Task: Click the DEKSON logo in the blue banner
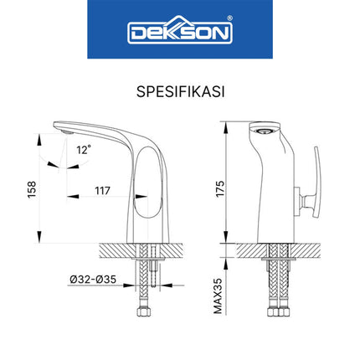pyautogui.click(x=179, y=33)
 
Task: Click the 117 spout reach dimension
pyautogui.click(x=103, y=191)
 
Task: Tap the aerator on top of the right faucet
pyautogui.click(x=263, y=130)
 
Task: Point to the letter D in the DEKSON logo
pyautogui.click(x=136, y=34)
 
